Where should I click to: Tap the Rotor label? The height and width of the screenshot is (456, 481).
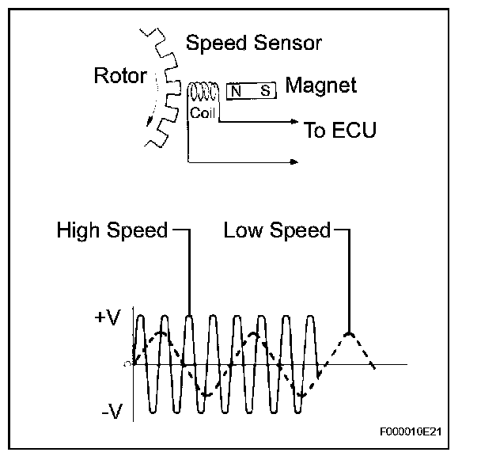point(120,76)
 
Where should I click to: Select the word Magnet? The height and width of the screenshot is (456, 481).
point(320,85)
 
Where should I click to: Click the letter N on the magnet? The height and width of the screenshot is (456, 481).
point(236,91)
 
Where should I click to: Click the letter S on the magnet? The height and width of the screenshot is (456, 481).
point(265,91)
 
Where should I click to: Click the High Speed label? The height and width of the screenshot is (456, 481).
point(112,230)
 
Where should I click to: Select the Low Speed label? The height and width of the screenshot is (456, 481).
point(277,230)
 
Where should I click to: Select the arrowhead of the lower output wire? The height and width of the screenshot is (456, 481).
point(296,162)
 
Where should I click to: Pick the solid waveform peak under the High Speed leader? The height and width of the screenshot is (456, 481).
point(189,316)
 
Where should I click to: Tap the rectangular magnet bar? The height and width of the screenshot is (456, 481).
point(252,91)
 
